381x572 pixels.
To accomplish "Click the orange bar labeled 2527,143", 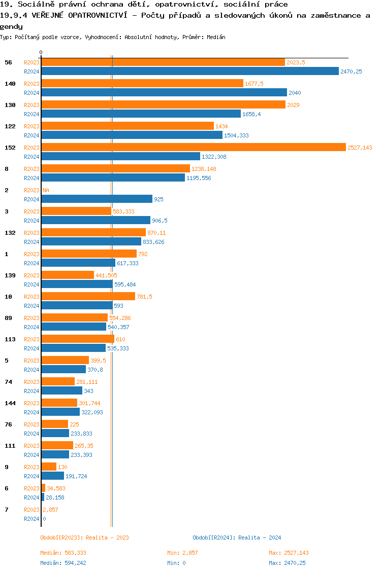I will tap(193, 148).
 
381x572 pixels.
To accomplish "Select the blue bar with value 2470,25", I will tap(190, 71).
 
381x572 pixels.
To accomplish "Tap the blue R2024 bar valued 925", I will tap(97, 199).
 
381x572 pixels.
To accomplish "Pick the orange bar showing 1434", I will tap(128, 126).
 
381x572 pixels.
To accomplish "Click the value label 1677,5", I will tap(254, 84).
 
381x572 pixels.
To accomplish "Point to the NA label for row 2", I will tap(46, 190).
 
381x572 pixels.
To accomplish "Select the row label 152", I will tap(10, 148).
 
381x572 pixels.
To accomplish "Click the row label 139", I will tap(10, 275).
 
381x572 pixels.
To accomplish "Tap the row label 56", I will tap(8, 62).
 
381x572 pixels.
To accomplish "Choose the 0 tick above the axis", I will tap(41, 52).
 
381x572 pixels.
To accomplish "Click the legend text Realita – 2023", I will tap(107, 538).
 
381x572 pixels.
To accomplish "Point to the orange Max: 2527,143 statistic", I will tap(289, 553).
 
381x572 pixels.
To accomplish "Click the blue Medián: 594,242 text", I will tap(67, 563).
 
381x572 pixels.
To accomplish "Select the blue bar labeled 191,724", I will tap(52, 476).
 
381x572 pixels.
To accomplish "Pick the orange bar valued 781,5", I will tap(88, 297).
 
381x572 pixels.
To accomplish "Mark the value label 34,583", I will tap(56, 488).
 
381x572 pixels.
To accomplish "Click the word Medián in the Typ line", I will tap(216, 37).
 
